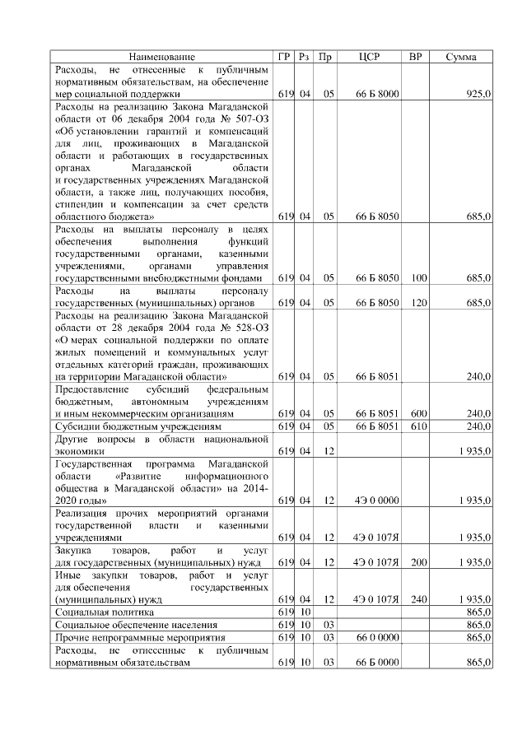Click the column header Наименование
(x=161, y=57)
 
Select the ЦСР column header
(x=370, y=57)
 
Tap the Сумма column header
(x=463, y=57)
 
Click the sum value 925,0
(x=478, y=95)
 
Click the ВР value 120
(x=418, y=304)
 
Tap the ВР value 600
(x=418, y=413)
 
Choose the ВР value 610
(x=418, y=426)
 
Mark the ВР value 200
(x=418, y=562)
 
